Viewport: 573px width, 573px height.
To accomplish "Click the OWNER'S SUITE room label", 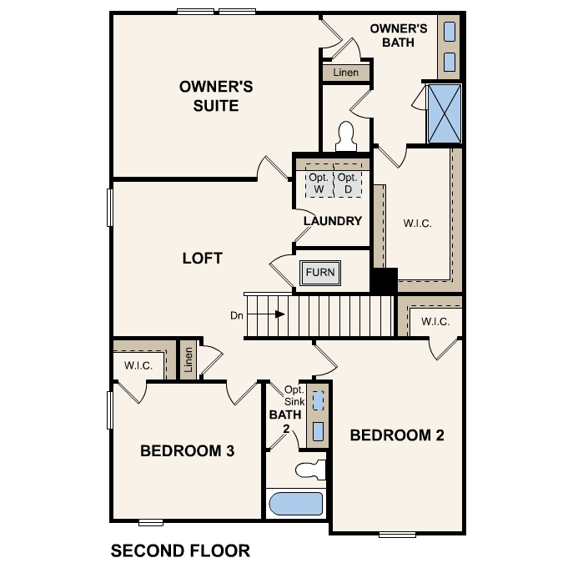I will tap(216, 96).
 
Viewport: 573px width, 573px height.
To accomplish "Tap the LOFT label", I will tap(202, 258).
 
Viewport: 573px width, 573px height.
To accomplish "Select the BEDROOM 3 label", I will tap(187, 451).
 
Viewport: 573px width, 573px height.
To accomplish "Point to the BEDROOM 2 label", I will tap(396, 435).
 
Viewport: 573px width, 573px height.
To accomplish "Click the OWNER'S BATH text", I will tap(399, 35).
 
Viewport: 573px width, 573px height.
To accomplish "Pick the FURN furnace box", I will tap(320, 273).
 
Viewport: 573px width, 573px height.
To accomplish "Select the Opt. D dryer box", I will tap(349, 183).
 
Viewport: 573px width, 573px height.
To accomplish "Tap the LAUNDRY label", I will tap(333, 221).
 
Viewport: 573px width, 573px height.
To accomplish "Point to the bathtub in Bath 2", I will tap(296, 503).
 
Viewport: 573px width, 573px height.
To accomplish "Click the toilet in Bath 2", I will tap(312, 470).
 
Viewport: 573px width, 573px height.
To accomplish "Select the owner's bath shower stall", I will tap(444, 113).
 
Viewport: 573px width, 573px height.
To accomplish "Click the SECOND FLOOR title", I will tap(180, 550).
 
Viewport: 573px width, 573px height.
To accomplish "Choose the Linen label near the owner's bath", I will tap(345, 73).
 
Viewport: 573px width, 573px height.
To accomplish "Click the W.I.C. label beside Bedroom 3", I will tap(137, 364).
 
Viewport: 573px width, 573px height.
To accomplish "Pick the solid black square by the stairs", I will tap(384, 280).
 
